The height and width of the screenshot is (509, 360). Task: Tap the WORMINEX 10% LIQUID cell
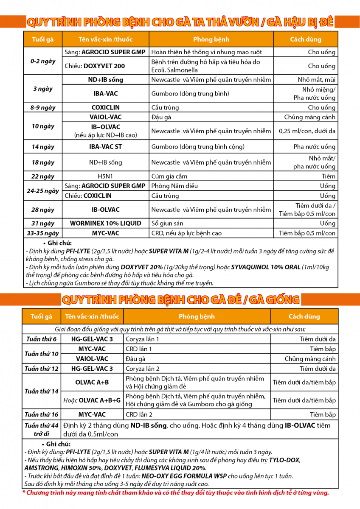click(x=105, y=223)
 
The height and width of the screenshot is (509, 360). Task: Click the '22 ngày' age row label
click(x=43, y=176)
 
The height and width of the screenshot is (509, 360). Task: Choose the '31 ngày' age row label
click(x=43, y=223)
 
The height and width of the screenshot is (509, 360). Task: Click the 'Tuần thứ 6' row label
click(x=41, y=339)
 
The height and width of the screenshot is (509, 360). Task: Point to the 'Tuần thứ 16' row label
click(x=41, y=414)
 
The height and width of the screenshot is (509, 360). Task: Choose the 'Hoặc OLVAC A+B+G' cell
click(x=92, y=400)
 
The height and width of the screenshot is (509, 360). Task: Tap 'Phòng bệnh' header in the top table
click(x=211, y=39)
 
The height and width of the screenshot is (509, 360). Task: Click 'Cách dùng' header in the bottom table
click(x=304, y=316)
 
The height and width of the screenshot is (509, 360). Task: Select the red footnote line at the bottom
click(x=175, y=492)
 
